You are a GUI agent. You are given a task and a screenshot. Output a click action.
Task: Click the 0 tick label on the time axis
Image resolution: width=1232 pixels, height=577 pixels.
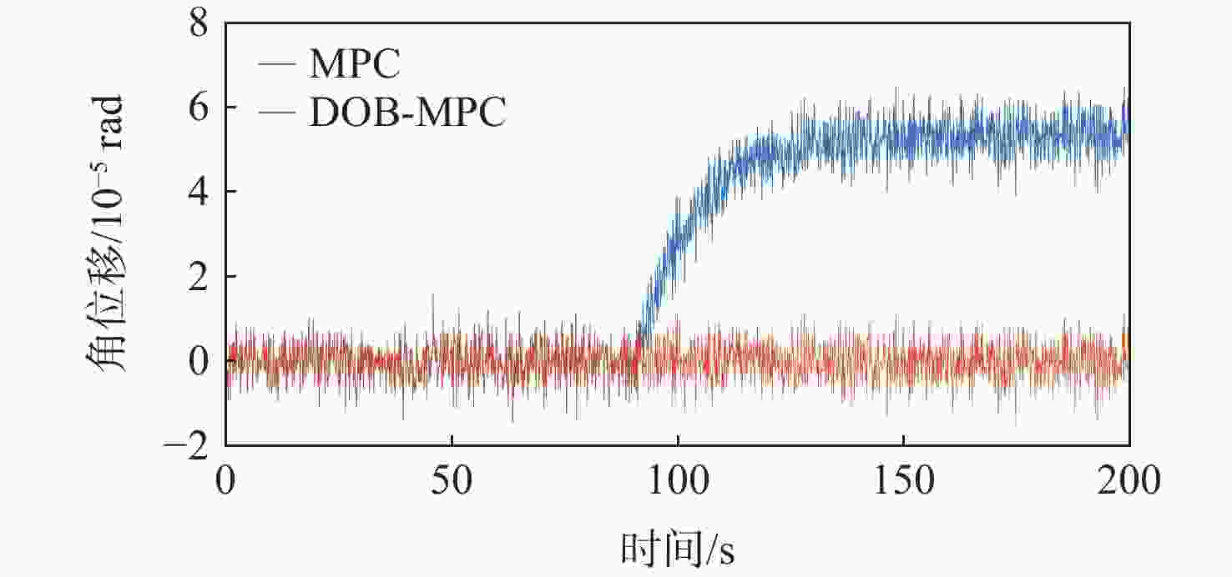coord(225,482)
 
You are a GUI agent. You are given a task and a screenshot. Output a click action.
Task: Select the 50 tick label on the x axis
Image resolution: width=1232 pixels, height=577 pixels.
coord(452,482)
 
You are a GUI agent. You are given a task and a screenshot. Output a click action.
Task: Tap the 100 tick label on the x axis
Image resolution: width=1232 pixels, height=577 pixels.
coord(678,482)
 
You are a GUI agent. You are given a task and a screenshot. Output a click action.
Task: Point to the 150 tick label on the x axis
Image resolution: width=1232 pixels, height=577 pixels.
coord(903,482)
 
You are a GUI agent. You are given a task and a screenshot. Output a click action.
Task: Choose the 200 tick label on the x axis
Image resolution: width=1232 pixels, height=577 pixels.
coord(1128,482)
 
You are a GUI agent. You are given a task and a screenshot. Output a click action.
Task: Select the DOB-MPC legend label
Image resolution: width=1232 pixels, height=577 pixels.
coord(407,114)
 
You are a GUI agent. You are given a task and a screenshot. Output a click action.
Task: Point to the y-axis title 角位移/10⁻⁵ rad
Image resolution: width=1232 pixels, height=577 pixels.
coord(104,233)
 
